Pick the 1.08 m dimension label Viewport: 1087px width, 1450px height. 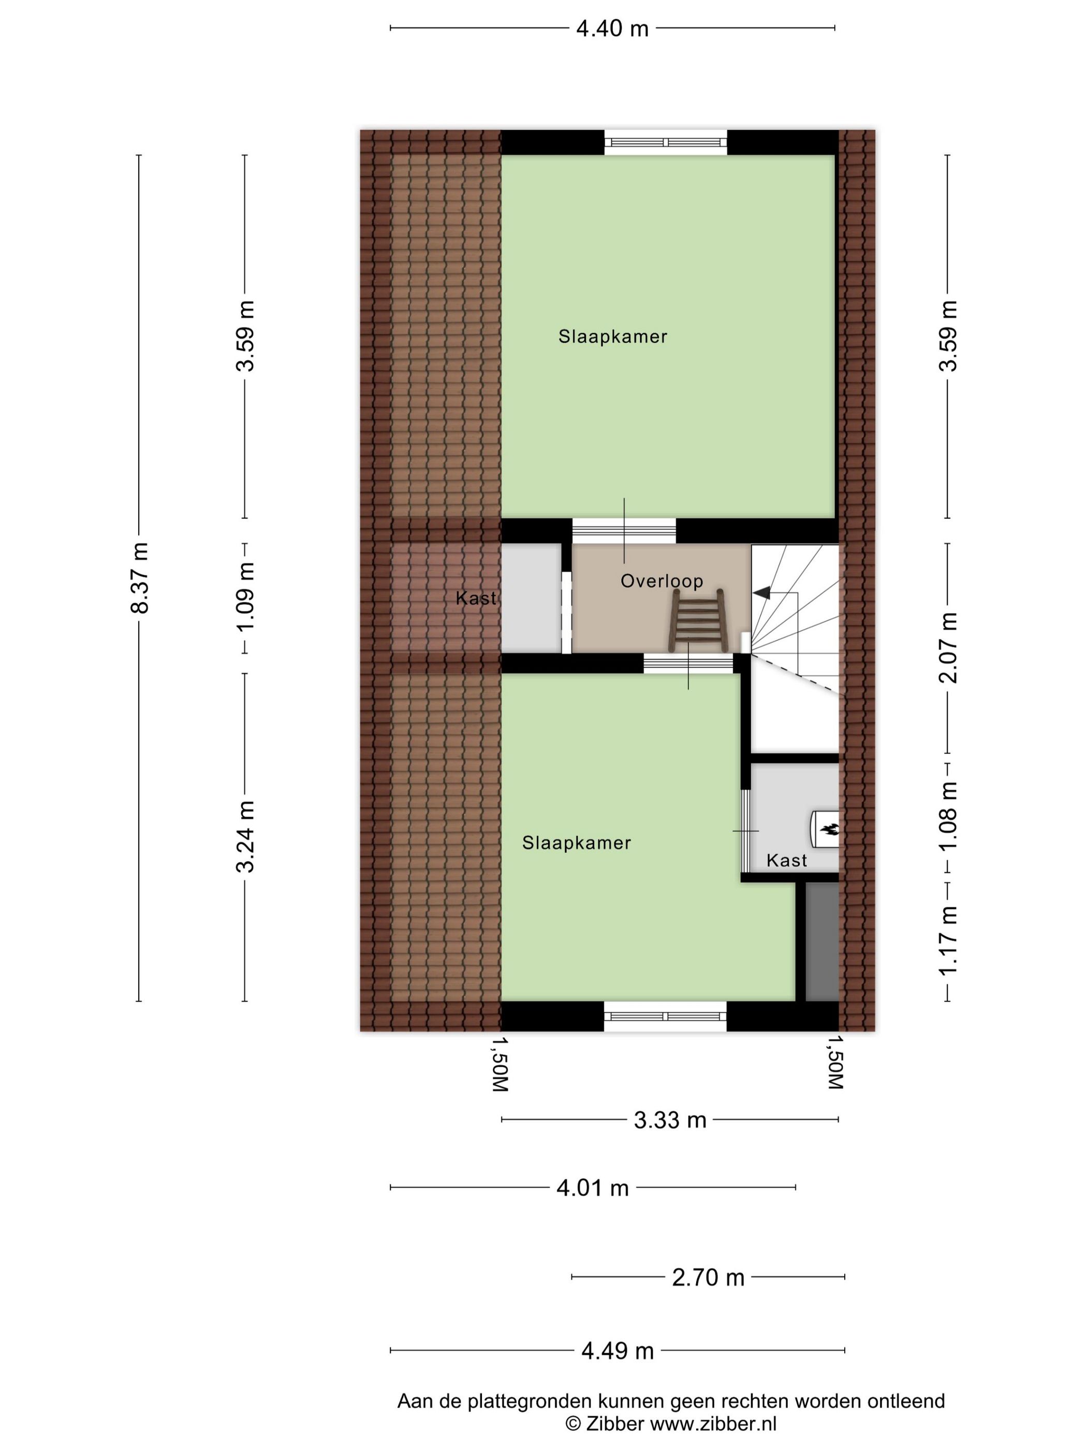(947, 816)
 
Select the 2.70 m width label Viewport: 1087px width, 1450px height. (708, 1277)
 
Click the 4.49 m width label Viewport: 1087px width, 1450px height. (617, 1351)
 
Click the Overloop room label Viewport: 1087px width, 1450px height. (661, 581)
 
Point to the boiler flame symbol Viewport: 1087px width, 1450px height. (829, 829)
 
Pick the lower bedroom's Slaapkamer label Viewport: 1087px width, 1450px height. (576, 843)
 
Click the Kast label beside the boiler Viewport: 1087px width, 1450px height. (786, 860)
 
